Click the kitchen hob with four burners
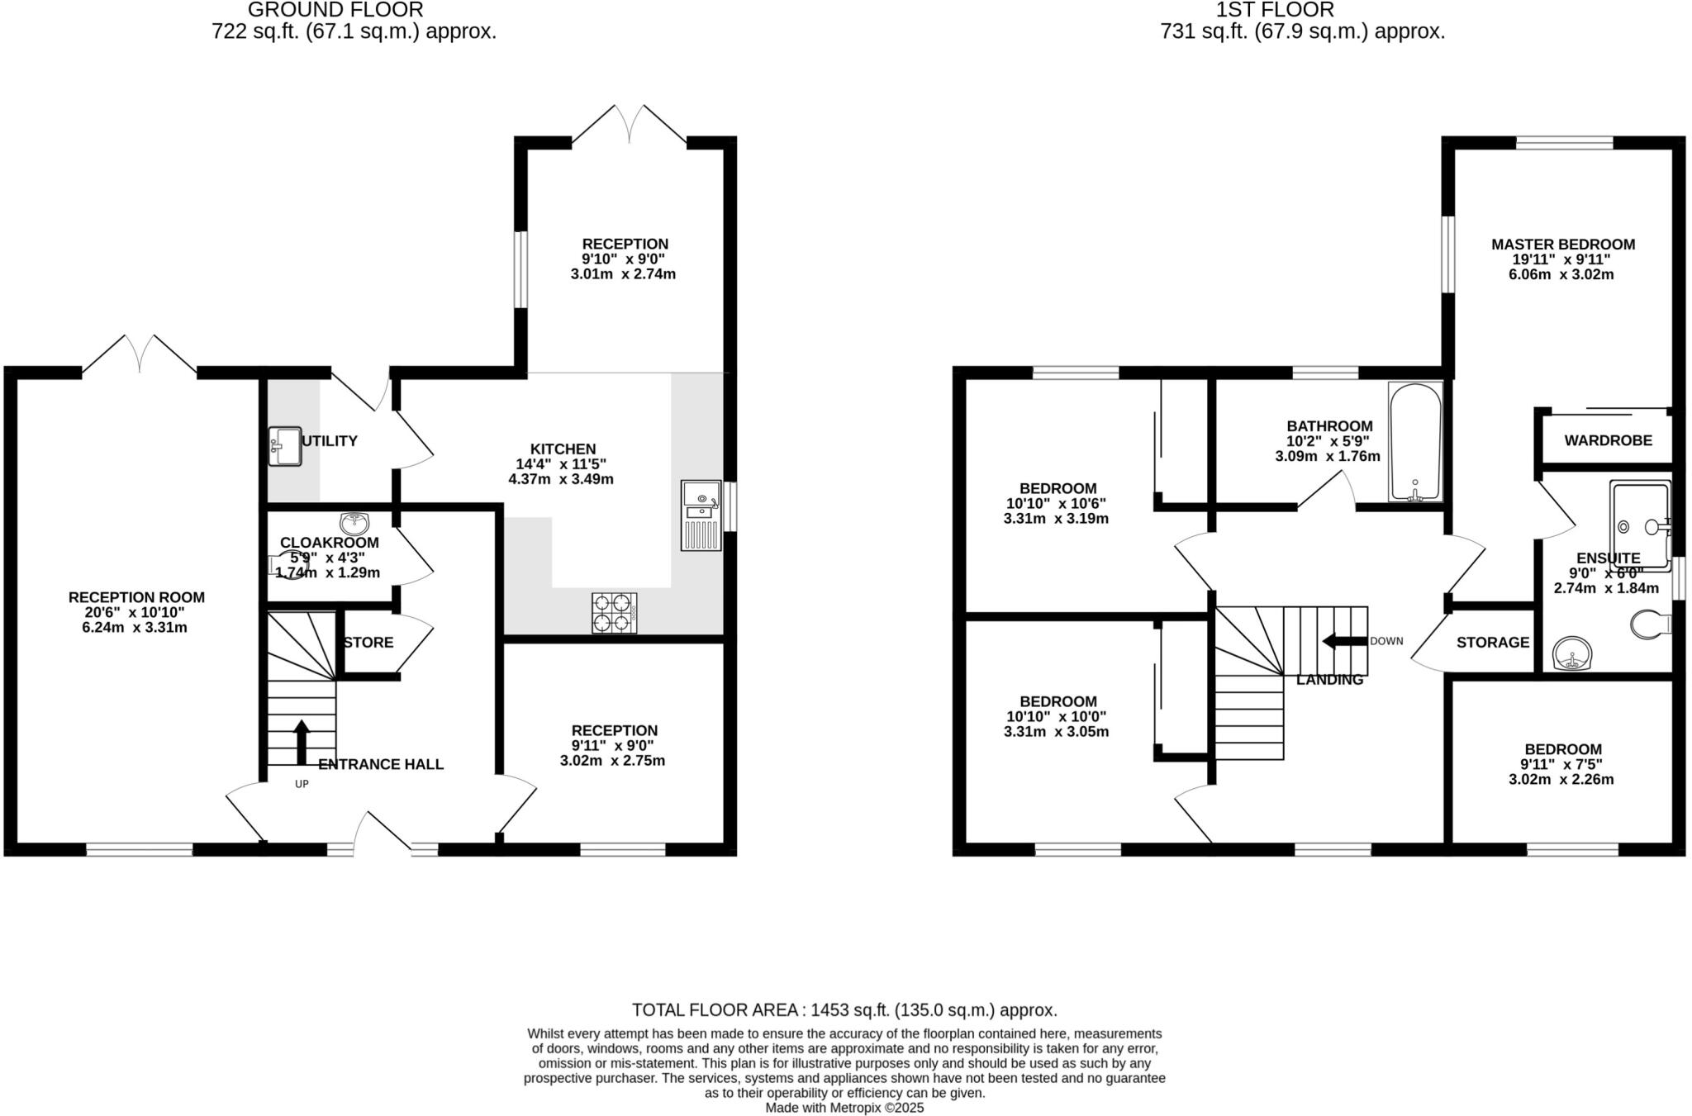click(614, 613)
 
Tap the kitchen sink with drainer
click(701, 515)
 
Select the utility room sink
click(285, 446)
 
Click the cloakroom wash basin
click(354, 523)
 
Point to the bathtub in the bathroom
click(1415, 442)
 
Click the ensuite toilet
click(1650, 624)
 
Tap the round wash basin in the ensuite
click(1571, 654)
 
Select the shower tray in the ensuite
click(1640, 525)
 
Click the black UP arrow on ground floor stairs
click(302, 741)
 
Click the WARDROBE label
click(1608, 441)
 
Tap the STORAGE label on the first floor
click(1492, 643)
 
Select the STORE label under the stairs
click(368, 643)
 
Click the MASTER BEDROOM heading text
click(1562, 245)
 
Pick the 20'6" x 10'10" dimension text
click(136, 612)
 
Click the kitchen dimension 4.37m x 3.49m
click(561, 479)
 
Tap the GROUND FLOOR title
click(335, 10)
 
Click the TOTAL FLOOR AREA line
click(844, 1009)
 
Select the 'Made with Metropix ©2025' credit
click(844, 1108)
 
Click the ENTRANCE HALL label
click(381, 765)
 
